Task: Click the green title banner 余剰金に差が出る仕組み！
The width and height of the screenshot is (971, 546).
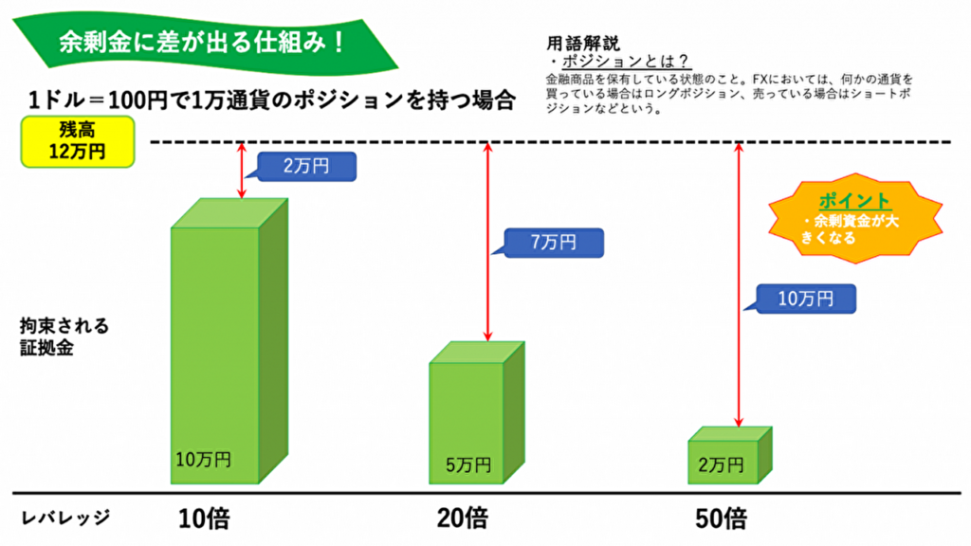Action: [199, 43]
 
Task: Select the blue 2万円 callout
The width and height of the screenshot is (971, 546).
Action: [306, 167]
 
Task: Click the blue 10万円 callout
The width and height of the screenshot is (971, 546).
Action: [805, 300]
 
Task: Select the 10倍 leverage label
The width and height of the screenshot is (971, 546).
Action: [204, 519]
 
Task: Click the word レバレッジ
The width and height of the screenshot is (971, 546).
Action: [65, 518]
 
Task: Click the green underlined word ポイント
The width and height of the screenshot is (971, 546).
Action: [854, 201]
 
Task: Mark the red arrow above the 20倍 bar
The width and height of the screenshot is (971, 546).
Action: [488, 242]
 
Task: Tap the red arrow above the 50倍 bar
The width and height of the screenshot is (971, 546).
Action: [737, 284]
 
